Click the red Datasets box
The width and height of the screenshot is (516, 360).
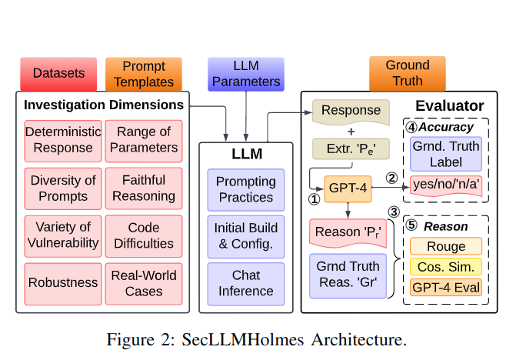point(58,74)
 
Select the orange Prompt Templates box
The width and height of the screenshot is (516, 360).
point(144,74)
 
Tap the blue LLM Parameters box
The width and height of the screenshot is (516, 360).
point(246,74)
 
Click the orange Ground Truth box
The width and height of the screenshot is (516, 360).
point(407,74)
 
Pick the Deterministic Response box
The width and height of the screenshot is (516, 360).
point(58,140)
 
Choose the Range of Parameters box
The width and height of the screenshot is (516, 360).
point(144,140)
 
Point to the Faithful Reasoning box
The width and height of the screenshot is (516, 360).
point(144,188)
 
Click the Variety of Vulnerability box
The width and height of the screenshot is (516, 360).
point(58,235)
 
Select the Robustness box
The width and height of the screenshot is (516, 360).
point(58,282)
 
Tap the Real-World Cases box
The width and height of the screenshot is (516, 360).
point(144,282)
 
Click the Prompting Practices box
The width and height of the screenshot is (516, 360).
point(245,189)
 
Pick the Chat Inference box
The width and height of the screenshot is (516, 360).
point(245,283)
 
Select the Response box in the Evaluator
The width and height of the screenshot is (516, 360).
point(351,111)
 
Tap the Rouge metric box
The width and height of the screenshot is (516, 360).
point(446,247)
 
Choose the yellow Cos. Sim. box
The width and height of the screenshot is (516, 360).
point(446,267)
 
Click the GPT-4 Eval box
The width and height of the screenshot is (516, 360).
point(446,288)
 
